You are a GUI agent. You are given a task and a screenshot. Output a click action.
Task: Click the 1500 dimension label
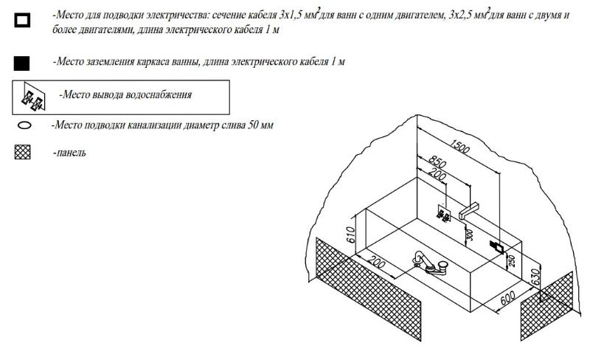coord(459,146)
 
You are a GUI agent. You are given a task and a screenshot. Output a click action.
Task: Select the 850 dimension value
coord(437,162)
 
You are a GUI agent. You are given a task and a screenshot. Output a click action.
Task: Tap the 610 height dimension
coord(350,235)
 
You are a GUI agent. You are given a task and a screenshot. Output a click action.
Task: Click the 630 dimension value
coord(535,276)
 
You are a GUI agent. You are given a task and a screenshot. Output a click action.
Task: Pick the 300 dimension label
coord(469,235)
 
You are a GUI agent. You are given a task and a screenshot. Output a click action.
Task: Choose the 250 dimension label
coord(511,261)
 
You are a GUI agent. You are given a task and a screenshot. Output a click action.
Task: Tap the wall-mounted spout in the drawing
coord(469,210)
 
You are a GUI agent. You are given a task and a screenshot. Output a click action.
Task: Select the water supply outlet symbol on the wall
coord(444,213)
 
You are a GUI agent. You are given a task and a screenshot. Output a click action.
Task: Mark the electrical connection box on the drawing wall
coord(497,247)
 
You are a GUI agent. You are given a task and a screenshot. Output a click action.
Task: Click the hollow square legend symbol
coord(22,20)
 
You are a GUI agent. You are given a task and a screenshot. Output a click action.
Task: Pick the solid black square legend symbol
coord(22,63)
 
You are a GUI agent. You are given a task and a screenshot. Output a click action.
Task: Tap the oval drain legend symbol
coord(25,125)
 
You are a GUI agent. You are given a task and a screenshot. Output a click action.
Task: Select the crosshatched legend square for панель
coord(23,152)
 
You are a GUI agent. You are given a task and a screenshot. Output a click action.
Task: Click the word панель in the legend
coord(71,153)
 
